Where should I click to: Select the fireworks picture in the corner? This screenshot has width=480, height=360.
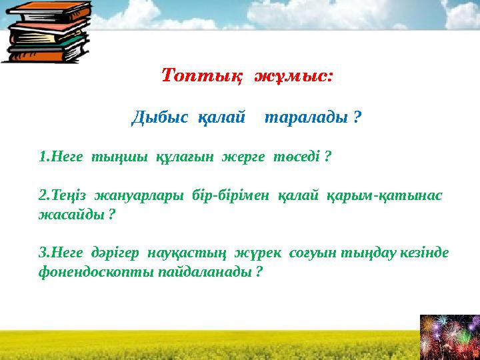coord(449,336)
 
